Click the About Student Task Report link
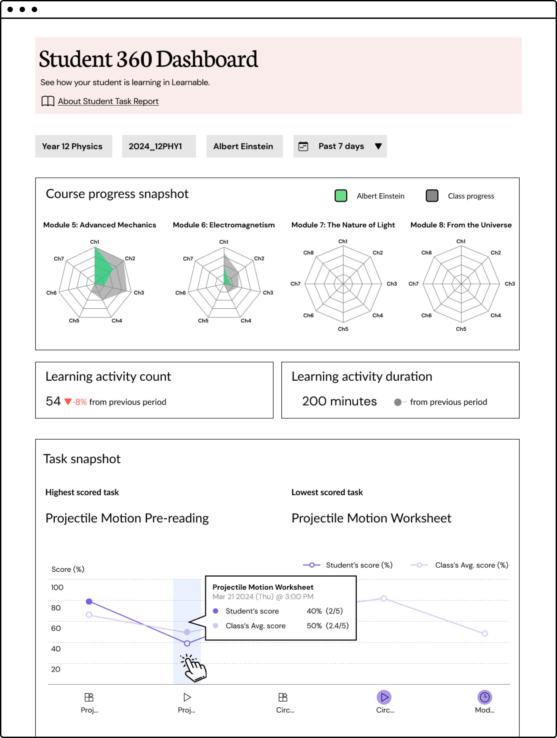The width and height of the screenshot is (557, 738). tap(108, 101)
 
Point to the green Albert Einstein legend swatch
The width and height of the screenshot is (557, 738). tap(341, 196)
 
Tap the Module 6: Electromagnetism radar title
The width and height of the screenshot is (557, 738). tap(223, 225)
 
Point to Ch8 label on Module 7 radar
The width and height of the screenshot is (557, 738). tap(308, 253)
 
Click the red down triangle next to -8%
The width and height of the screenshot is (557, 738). tap(68, 402)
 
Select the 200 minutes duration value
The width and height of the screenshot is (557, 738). tap(339, 401)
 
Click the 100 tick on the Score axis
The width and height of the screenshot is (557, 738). tap(57, 587)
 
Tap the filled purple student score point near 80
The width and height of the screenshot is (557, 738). tap(89, 602)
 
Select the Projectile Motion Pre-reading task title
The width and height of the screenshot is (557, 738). tap(127, 518)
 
